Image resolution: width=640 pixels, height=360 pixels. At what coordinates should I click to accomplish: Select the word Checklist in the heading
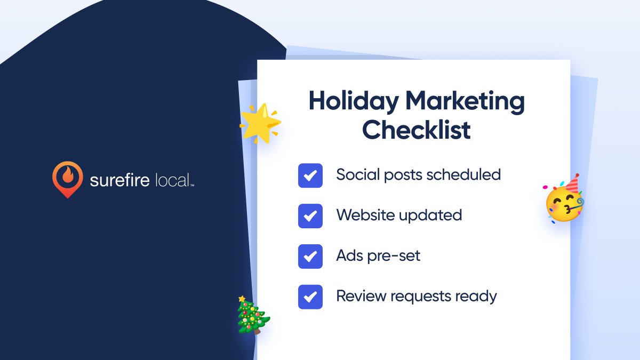click(x=417, y=130)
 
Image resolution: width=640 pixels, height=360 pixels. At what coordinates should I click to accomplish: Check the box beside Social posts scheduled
click(x=310, y=175)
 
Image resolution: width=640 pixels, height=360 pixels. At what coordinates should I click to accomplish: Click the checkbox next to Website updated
click(x=310, y=216)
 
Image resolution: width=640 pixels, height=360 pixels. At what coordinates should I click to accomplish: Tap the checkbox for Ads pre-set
click(x=310, y=257)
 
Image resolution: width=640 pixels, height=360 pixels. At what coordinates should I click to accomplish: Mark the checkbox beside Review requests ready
click(x=310, y=297)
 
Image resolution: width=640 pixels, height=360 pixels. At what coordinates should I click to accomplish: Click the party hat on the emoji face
click(x=571, y=183)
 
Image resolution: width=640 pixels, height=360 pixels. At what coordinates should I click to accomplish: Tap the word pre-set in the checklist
click(x=394, y=256)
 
